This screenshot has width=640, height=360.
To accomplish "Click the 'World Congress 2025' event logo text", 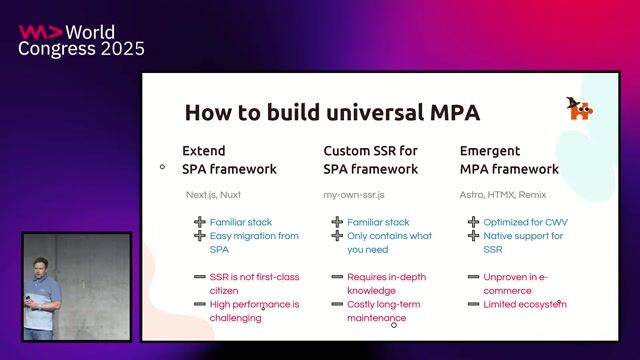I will click(82, 40).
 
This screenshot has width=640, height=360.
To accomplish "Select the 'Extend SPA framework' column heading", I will click(229, 160).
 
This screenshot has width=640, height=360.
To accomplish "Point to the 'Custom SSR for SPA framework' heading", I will click(370, 160).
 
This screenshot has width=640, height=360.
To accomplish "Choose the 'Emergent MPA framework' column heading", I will click(509, 160).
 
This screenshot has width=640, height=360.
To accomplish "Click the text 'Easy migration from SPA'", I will click(254, 242).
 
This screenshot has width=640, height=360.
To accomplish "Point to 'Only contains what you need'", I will click(389, 242).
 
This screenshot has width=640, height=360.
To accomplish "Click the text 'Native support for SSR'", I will click(523, 242).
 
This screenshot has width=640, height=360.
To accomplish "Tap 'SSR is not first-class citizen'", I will click(253, 283).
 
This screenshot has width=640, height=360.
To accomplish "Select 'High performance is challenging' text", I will click(254, 310).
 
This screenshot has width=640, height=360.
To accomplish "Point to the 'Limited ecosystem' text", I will click(524, 303).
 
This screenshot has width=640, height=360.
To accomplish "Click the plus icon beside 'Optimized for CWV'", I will click(473, 222).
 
